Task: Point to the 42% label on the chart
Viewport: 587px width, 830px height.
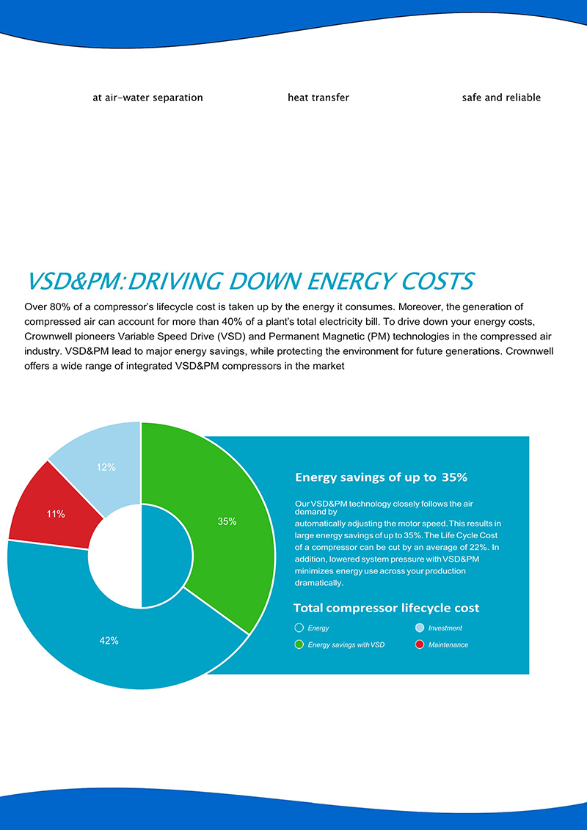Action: click(109, 640)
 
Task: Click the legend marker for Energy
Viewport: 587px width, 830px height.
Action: click(299, 628)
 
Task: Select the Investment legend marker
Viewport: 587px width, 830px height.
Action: click(419, 628)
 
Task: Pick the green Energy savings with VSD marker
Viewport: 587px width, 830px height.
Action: click(299, 644)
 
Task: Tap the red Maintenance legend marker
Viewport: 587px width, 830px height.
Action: click(419, 644)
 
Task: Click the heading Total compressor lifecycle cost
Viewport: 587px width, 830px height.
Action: click(386, 608)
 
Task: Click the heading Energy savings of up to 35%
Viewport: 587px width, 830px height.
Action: click(381, 477)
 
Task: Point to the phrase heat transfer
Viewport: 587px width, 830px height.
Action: click(318, 98)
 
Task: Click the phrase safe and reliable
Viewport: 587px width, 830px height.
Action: click(501, 98)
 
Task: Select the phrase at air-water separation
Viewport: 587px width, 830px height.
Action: click(147, 98)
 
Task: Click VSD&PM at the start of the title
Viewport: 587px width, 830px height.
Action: click(70, 281)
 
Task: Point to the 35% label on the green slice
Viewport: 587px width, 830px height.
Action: click(227, 521)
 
